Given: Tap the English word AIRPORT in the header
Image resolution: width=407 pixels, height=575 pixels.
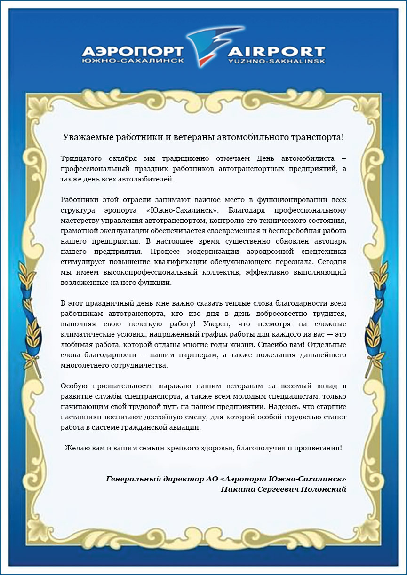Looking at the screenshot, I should pyautogui.click(x=277, y=52).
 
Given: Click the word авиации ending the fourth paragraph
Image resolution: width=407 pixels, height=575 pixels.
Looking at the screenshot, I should pyautogui.click(x=187, y=427).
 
